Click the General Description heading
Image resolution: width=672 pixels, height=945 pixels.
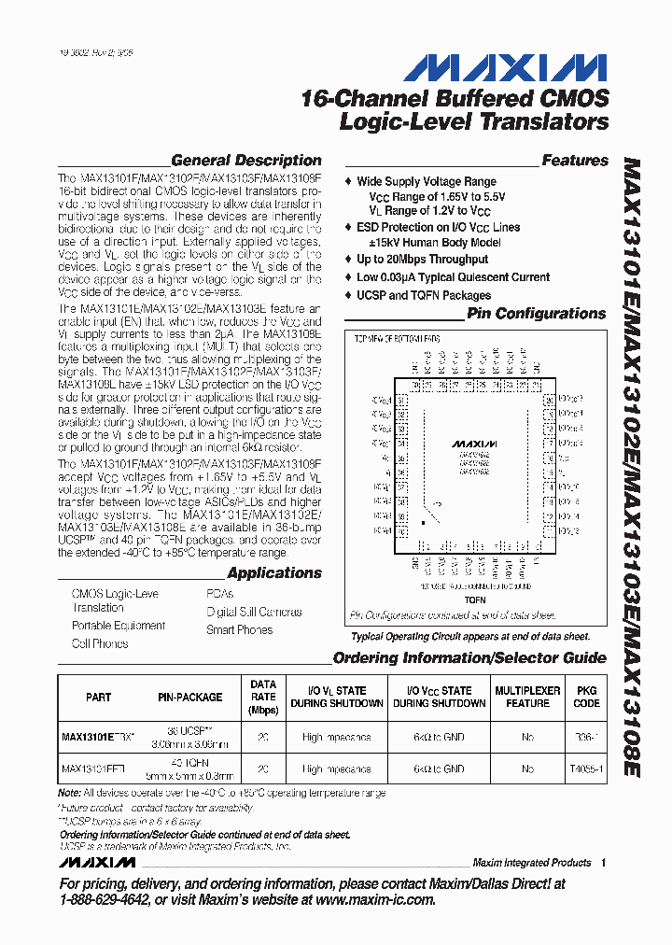245,161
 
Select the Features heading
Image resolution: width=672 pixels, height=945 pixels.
574,161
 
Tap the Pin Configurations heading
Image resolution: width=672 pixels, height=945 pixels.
537,314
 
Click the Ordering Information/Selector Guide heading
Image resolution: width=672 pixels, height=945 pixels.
469,658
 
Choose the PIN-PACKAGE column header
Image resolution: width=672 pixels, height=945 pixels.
189,697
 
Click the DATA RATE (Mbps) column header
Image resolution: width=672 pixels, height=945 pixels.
263,697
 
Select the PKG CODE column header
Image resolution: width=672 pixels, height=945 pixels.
587,697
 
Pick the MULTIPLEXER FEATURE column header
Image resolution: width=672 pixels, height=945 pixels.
527,697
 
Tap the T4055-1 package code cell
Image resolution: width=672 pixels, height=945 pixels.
587,769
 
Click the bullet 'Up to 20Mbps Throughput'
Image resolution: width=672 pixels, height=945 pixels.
422,260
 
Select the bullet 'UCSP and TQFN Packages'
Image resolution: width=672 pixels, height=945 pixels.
424,295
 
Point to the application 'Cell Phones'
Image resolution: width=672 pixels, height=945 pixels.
100,643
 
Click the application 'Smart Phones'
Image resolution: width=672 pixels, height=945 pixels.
239,630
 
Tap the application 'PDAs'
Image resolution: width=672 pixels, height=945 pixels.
219,594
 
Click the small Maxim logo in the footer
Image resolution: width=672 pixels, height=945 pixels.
98,862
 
